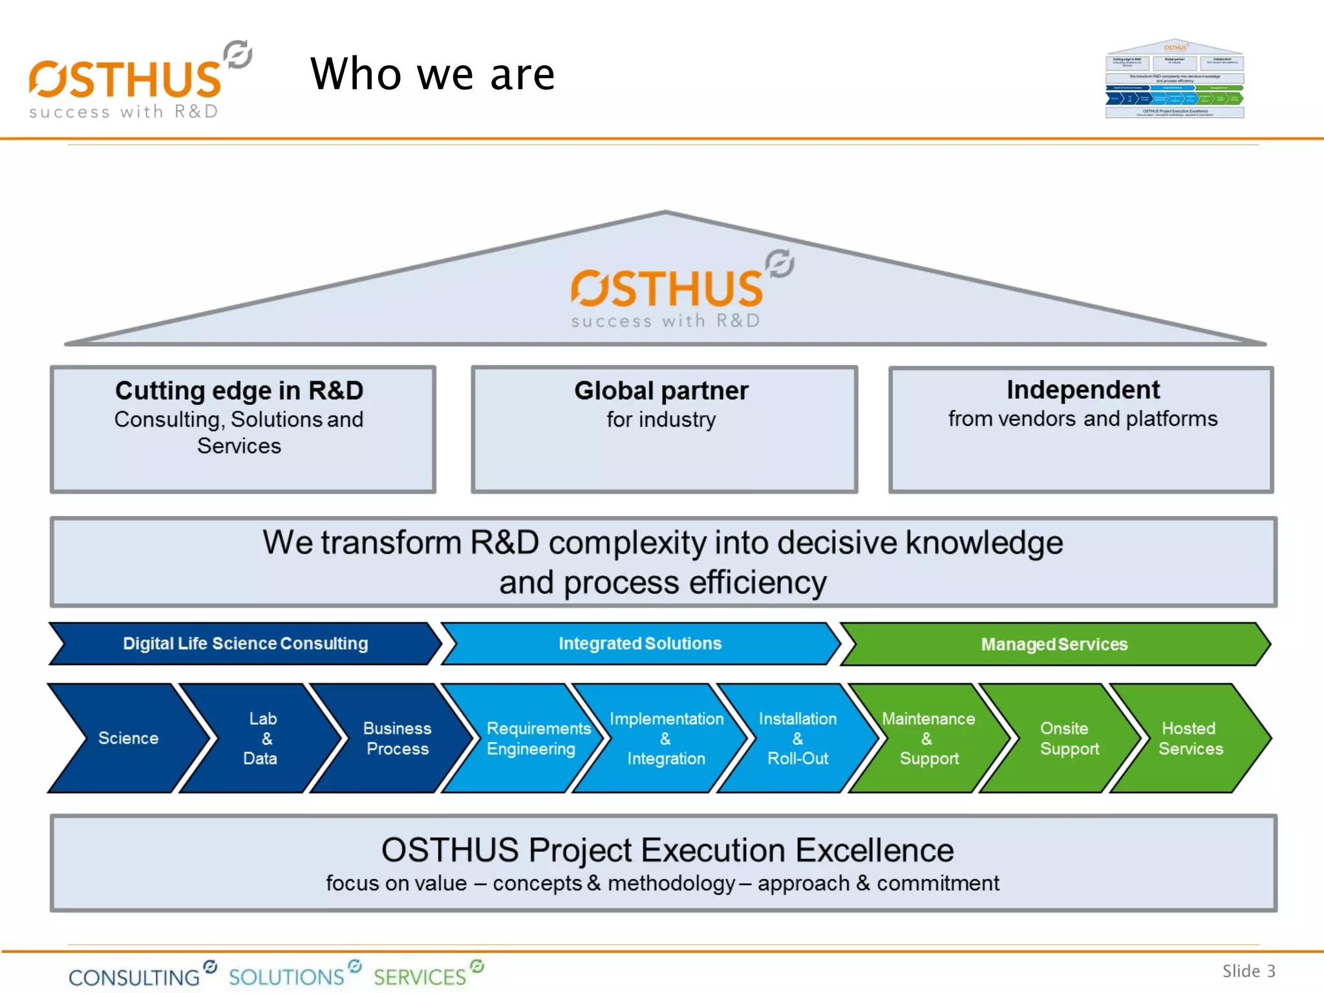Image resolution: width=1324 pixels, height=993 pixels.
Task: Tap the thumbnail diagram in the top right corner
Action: click(x=1175, y=80)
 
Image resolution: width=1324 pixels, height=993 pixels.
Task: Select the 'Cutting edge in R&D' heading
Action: click(x=239, y=390)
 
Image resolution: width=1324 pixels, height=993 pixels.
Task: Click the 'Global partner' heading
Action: click(x=661, y=390)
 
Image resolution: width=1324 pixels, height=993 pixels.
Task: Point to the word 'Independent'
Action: click(x=1083, y=390)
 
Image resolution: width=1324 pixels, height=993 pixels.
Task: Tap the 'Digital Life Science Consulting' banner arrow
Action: click(x=245, y=644)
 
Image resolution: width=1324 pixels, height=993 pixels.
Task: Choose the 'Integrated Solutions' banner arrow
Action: click(x=639, y=644)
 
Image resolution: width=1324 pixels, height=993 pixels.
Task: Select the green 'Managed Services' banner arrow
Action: click(x=1054, y=645)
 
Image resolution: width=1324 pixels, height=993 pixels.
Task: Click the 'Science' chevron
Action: click(x=128, y=738)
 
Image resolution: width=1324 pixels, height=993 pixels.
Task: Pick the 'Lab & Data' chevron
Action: click(x=261, y=738)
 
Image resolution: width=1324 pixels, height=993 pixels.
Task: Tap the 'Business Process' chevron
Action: click(x=396, y=738)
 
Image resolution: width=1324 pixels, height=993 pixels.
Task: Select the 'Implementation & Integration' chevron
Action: click(x=666, y=738)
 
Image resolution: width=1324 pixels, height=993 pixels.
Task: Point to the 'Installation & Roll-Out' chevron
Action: click(x=798, y=738)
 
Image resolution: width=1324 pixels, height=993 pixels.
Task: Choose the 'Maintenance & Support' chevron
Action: click(x=928, y=738)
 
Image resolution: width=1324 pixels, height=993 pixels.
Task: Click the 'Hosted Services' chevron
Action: click(x=1190, y=738)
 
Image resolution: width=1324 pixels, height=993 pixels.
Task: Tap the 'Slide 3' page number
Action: click(x=1248, y=971)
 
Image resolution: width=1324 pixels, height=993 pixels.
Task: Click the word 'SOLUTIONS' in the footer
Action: click(x=286, y=976)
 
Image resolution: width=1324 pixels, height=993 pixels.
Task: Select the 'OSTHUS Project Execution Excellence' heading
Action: click(x=667, y=849)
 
